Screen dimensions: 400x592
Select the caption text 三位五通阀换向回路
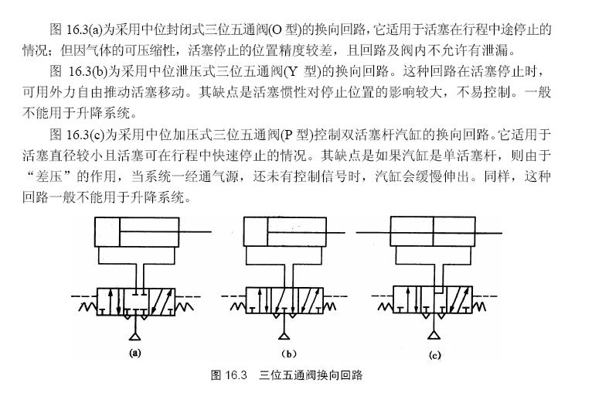point(311,378)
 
